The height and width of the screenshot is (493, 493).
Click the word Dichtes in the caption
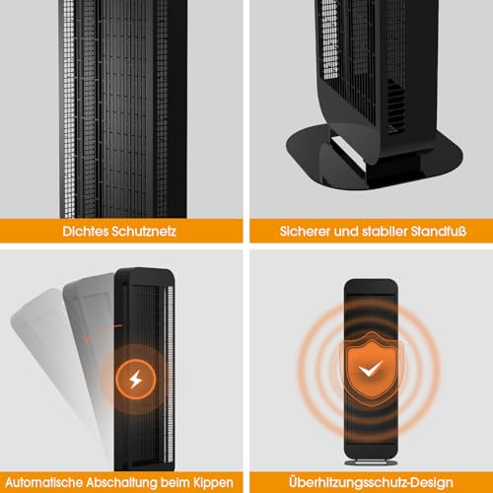tap(86, 232)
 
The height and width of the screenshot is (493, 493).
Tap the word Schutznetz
tap(145, 232)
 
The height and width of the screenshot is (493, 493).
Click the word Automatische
tap(44, 482)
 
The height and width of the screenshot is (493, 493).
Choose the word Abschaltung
tap(122, 483)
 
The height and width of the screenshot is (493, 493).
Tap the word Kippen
tap(213, 483)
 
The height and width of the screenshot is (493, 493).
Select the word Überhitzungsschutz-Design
tap(371, 483)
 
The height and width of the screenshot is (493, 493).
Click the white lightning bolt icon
tap(135, 380)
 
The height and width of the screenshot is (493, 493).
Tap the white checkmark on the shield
tap(371, 369)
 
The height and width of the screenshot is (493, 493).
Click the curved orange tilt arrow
tap(99, 330)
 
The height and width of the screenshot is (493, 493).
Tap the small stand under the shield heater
tap(371, 462)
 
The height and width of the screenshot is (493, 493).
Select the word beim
tap(176, 482)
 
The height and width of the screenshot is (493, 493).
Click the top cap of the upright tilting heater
tap(145, 275)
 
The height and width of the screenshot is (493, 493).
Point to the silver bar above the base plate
tap(348, 152)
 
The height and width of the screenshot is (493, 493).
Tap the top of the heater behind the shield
tap(371, 286)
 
